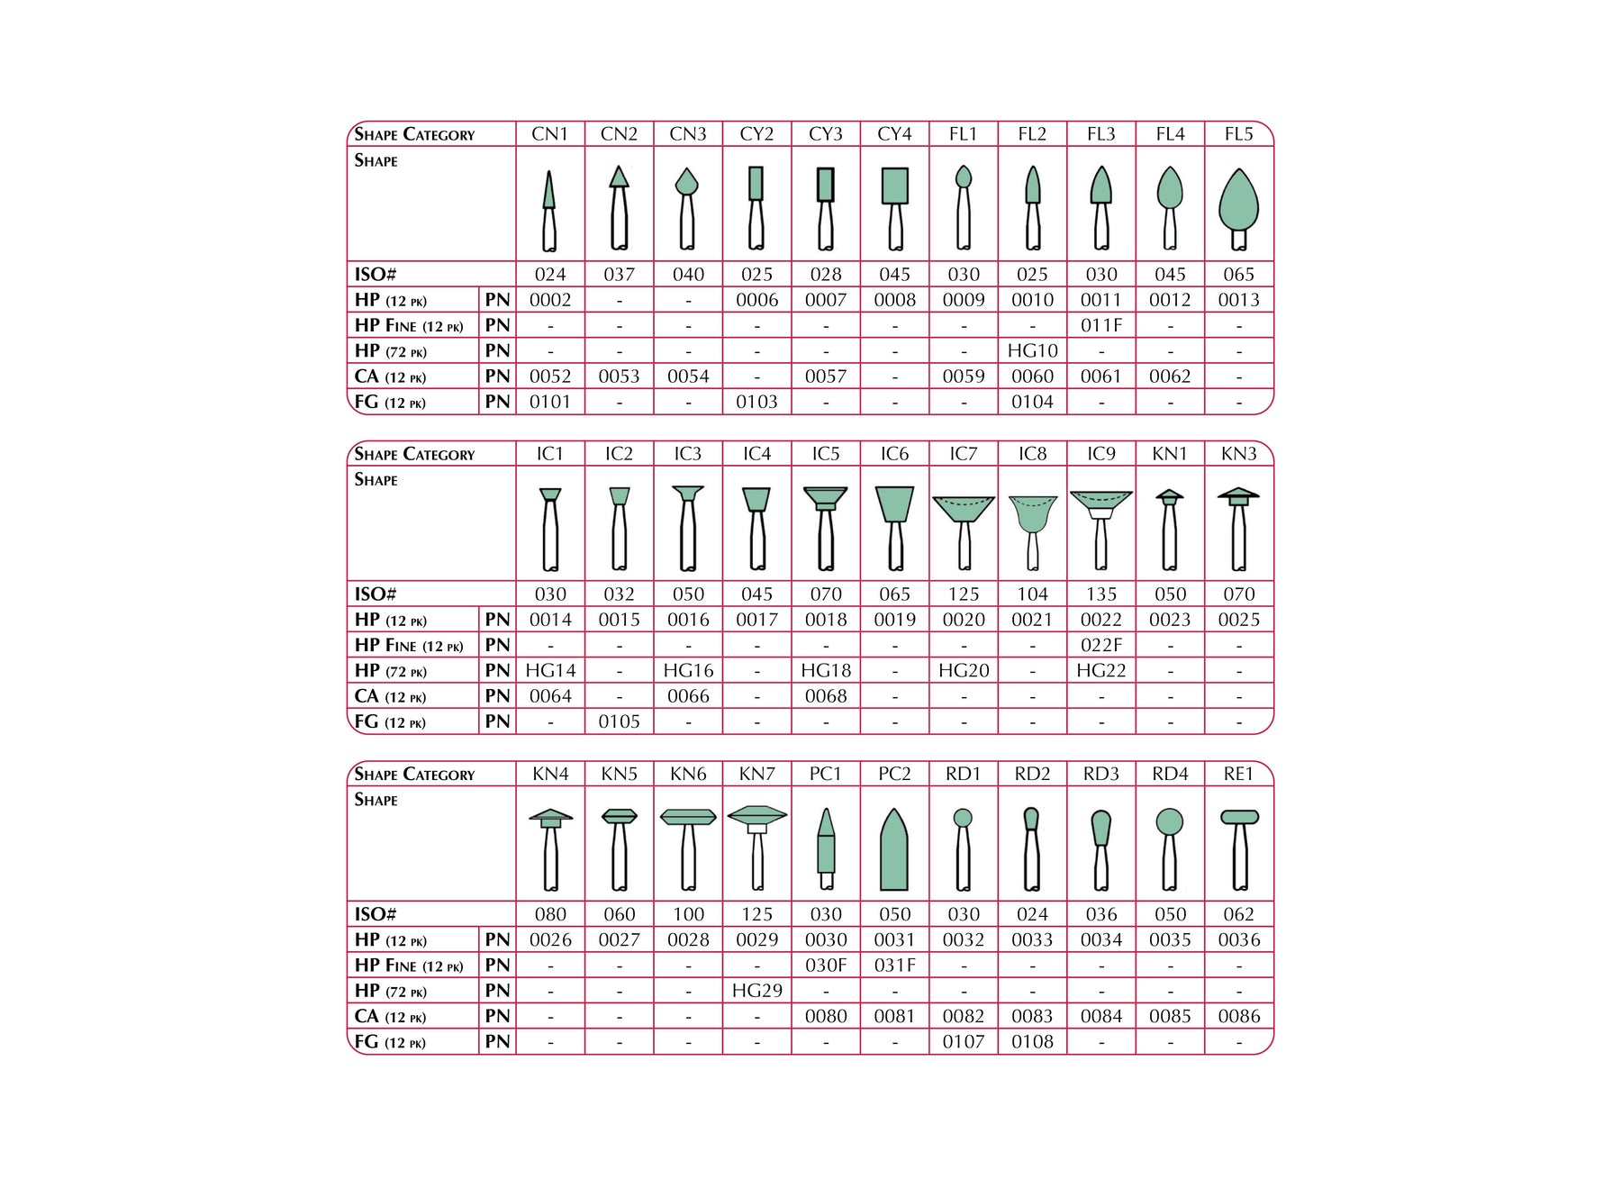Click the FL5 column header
pos(1238,134)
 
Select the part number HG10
pos(1032,350)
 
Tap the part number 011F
pos(1100,325)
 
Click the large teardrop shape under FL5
pos(1238,200)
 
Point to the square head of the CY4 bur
pos(894,186)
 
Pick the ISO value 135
pos(1100,594)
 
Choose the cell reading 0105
pos(619,721)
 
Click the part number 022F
pos(1100,645)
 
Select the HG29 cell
pos(756,991)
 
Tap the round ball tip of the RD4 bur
pos(1169,821)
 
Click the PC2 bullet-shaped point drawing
pos(894,850)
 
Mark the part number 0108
pos(1032,1041)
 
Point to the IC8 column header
pos(1032,454)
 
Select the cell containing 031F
pos(894,966)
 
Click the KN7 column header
pos(756,774)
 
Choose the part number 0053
pos(619,376)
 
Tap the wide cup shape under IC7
pos(964,508)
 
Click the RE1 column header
pos(1238,774)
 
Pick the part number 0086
pos(1238,1016)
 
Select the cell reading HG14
pos(550,671)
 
